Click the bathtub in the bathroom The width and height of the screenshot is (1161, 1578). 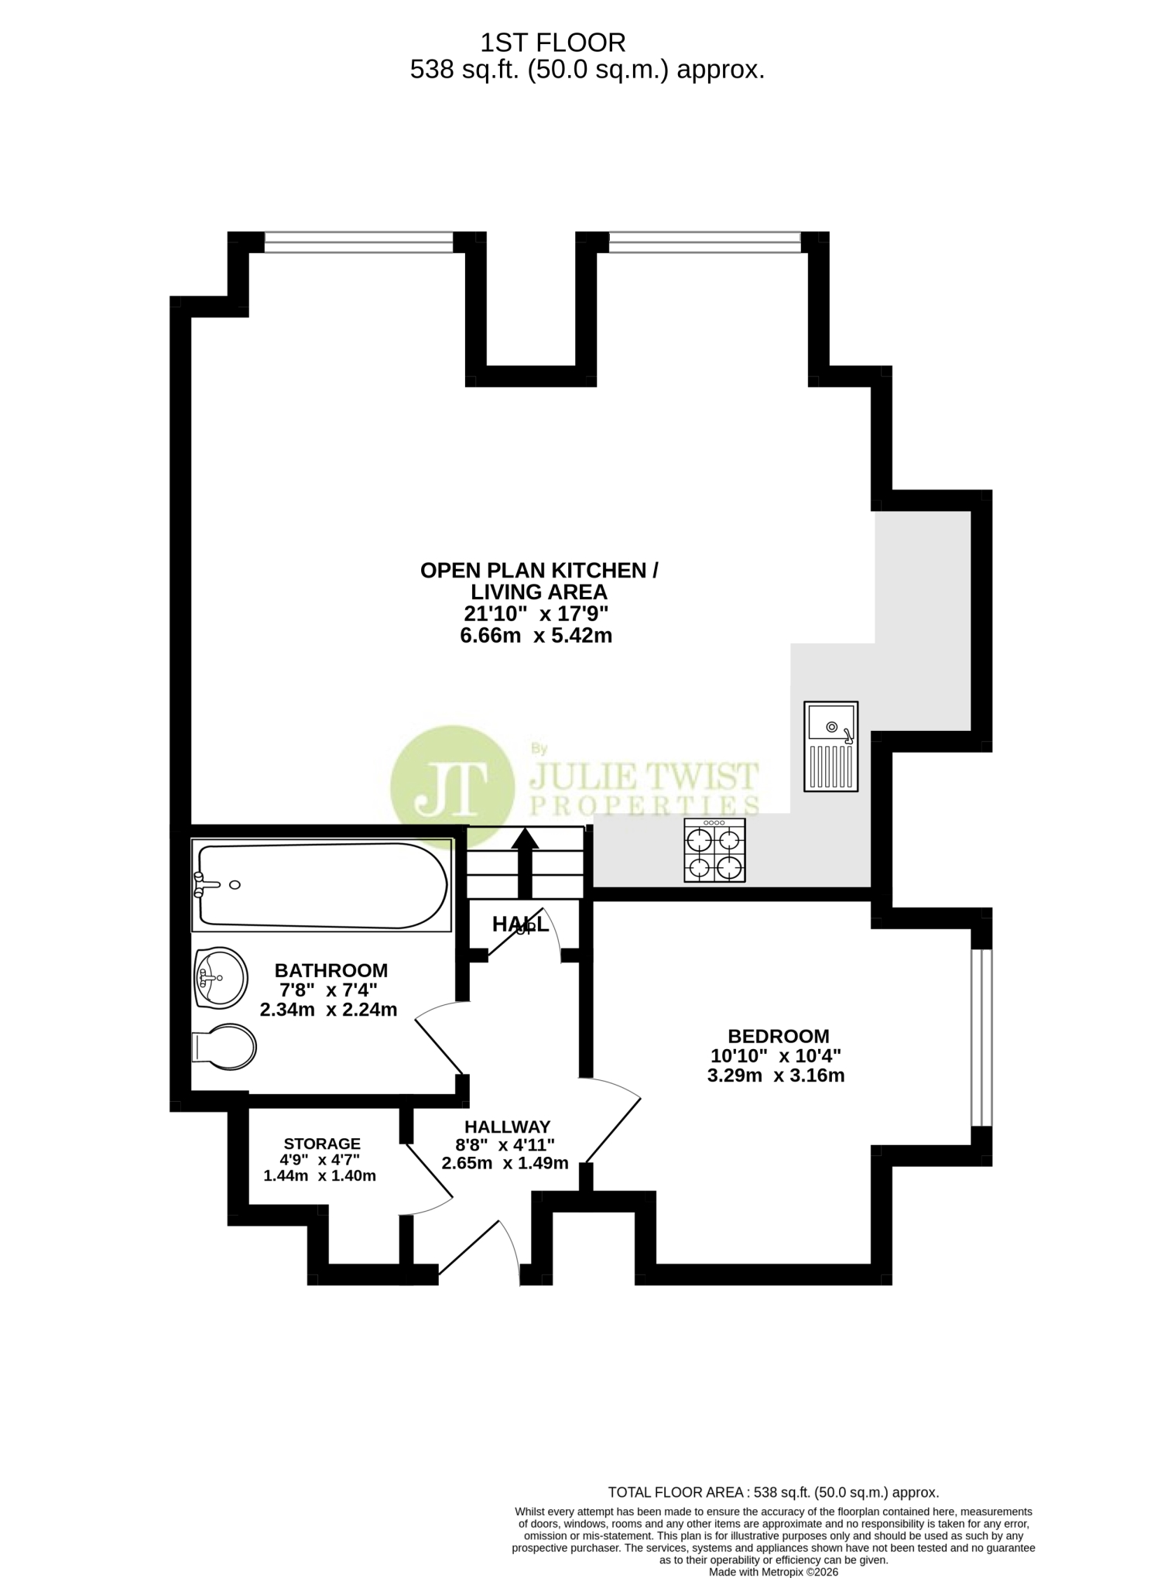tap(322, 885)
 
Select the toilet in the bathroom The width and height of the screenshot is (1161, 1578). tap(224, 1047)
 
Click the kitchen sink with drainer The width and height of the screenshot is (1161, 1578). tap(831, 746)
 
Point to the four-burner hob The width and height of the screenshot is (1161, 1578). tap(714, 850)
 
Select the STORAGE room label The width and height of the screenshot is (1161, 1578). tap(322, 1144)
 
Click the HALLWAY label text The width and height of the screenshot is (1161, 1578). tap(507, 1127)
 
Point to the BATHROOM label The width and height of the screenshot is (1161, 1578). tap(331, 970)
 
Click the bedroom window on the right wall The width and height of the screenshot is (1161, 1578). tap(981, 1038)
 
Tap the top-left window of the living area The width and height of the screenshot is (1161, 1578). tap(358, 242)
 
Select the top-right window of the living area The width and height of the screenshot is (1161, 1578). tap(704, 242)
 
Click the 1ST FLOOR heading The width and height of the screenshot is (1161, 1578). tap(553, 42)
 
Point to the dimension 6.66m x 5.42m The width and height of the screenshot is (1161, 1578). tap(536, 636)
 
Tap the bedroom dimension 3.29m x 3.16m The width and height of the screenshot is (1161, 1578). tap(776, 1075)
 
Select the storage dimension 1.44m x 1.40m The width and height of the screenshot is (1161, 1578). tap(320, 1175)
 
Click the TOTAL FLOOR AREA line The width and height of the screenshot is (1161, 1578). tap(773, 1492)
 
